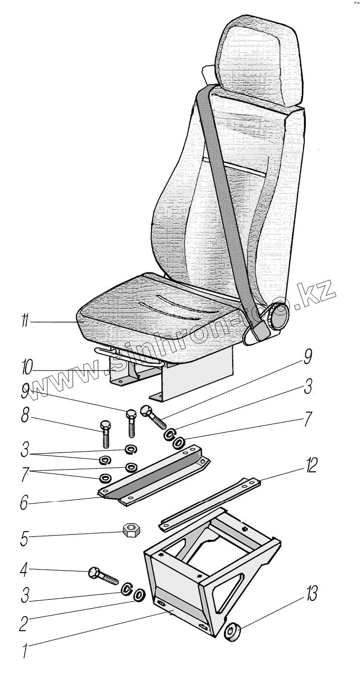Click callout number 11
pos(24,321)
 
